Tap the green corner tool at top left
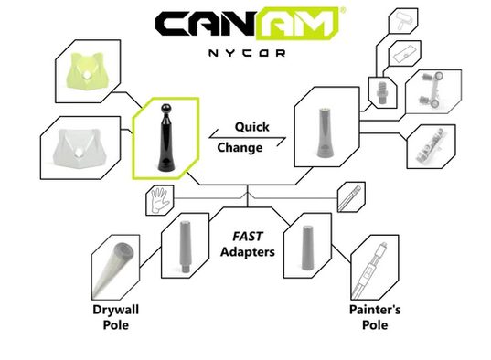[87, 69]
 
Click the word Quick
[251, 127]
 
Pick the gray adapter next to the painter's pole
[306, 245]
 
